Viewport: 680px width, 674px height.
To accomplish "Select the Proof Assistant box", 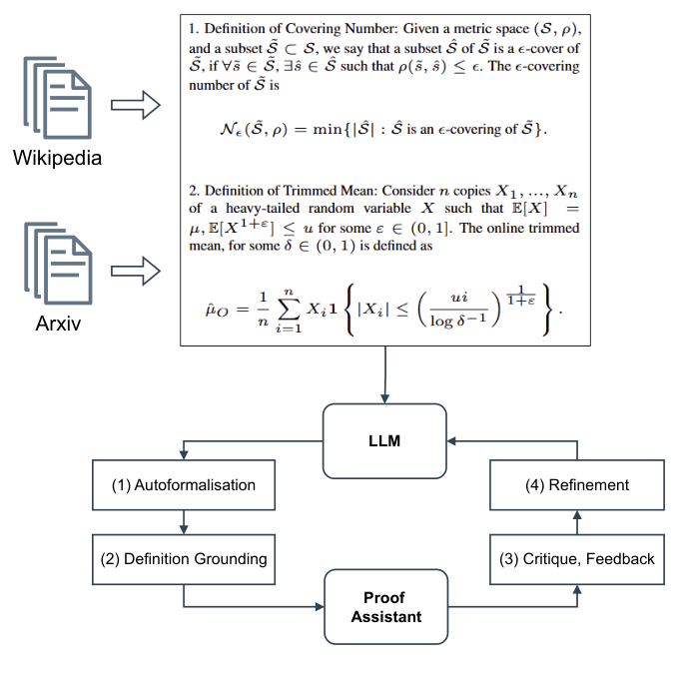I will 385,606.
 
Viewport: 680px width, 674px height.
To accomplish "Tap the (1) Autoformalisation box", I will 183,485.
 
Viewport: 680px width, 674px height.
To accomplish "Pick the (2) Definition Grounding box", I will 183,559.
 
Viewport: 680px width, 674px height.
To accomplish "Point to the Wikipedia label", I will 57,158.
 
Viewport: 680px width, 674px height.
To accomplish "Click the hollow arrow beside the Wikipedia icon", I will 136,102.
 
